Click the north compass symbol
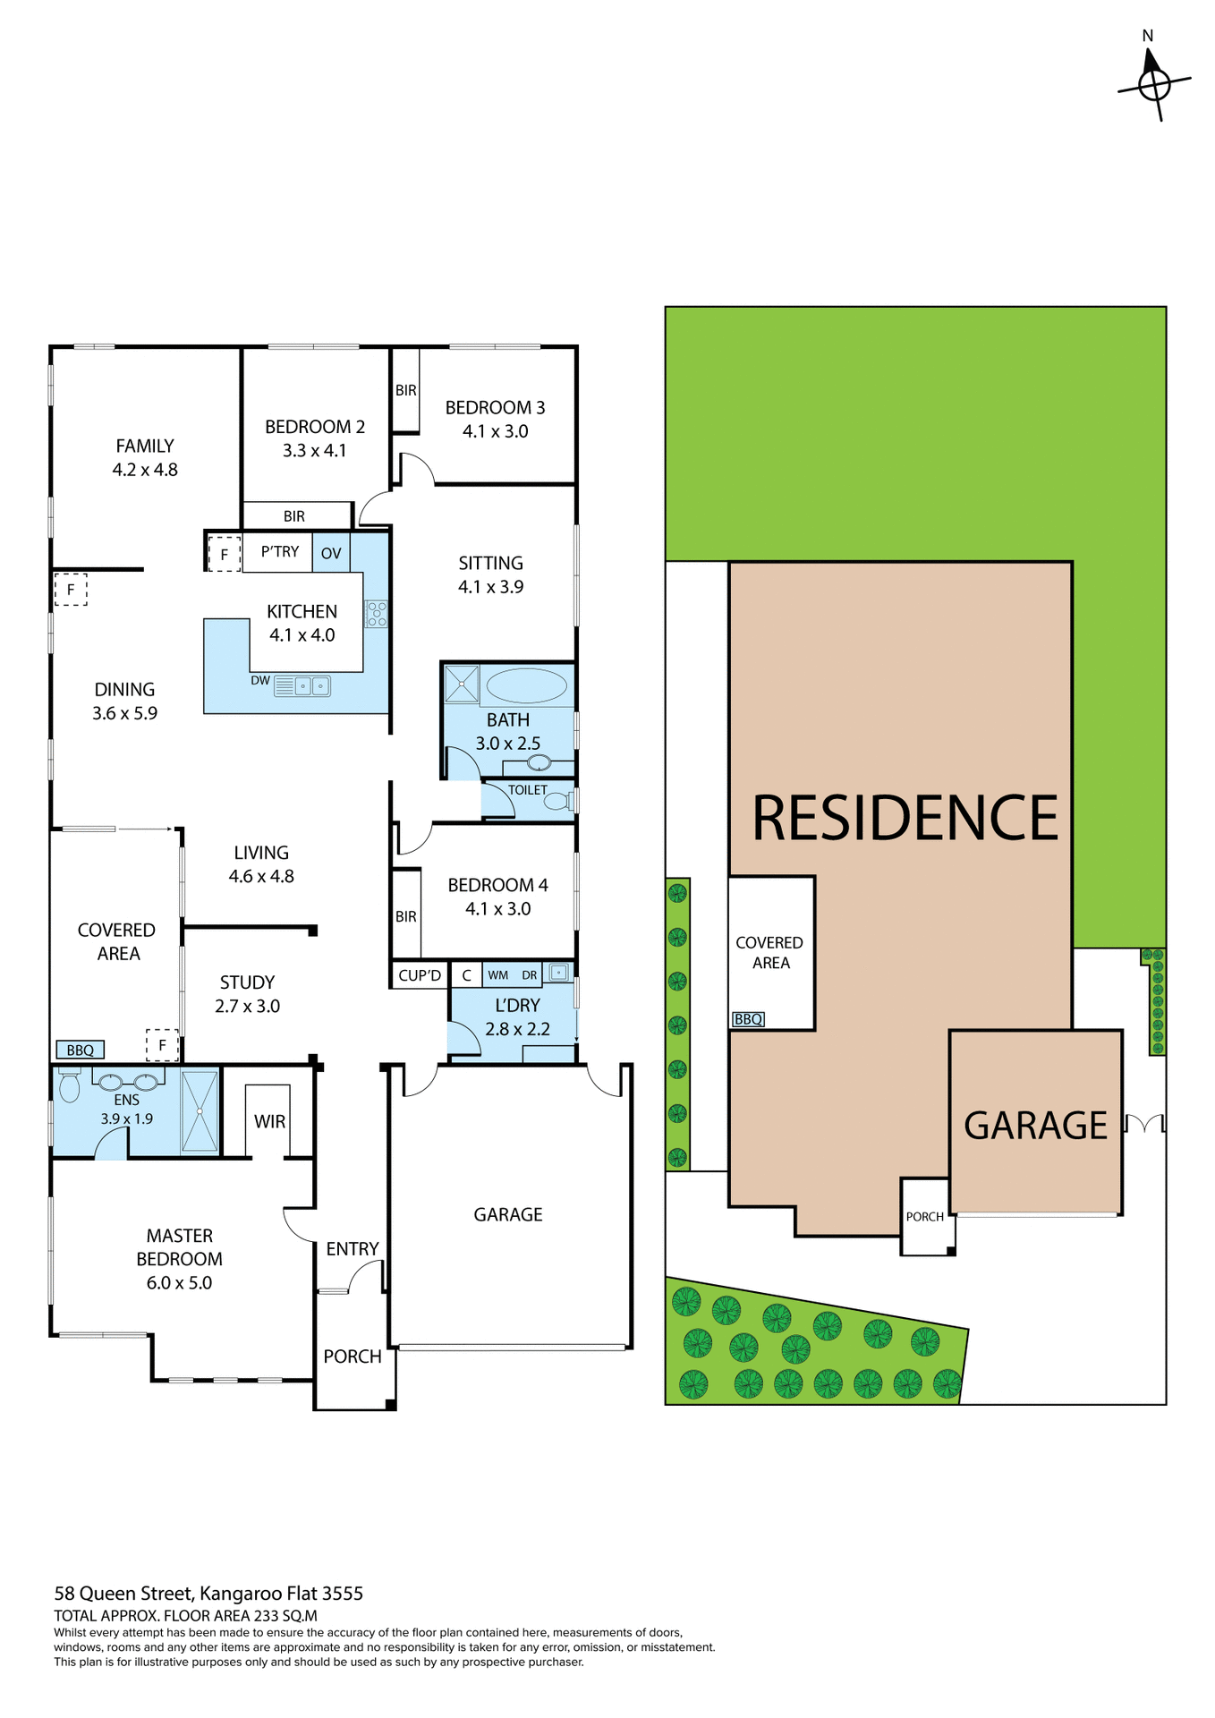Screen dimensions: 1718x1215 (x=1154, y=84)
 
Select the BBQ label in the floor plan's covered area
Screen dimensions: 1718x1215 (x=81, y=1050)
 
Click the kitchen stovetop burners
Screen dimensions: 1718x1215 (x=377, y=614)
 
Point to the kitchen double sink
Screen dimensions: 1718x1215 (x=302, y=686)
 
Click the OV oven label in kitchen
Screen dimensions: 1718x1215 (x=331, y=554)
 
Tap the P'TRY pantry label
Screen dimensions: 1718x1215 (x=280, y=552)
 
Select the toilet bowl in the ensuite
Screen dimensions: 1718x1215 (x=69, y=1088)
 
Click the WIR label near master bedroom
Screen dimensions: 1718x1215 (x=269, y=1122)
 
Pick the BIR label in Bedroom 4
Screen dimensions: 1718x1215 (x=406, y=917)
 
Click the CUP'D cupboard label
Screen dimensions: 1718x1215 (x=420, y=975)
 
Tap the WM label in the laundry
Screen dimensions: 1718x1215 (x=498, y=975)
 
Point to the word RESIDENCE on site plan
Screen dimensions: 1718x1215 (x=905, y=819)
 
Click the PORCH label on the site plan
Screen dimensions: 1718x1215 (x=925, y=1217)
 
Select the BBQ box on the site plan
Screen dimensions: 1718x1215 (x=748, y=1019)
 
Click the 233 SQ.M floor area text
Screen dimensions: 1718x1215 (x=285, y=1616)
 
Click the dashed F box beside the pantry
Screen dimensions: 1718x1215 (x=224, y=555)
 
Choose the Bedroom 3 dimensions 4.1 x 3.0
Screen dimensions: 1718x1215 (x=495, y=431)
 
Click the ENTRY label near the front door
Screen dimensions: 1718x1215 (x=353, y=1249)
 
